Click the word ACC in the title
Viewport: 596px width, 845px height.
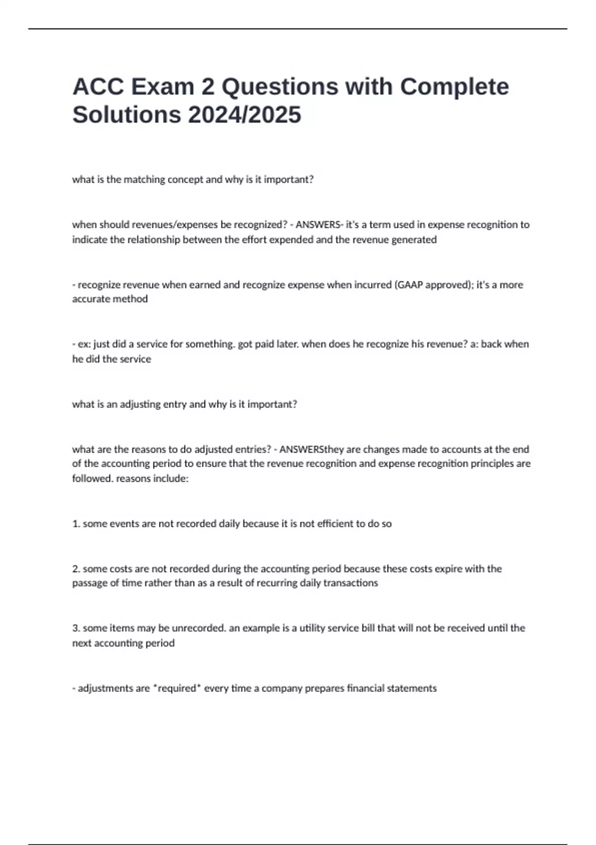[x=98, y=86]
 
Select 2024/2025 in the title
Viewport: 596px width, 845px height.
[x=244, y=115]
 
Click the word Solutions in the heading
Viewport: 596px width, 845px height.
[x=127, y=115]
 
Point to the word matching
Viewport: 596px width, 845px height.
[x=144, y=179]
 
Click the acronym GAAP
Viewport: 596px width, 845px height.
[x=408, y=285]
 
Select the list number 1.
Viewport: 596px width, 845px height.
[x=76, y=524]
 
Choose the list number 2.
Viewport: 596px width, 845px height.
[x=76, y=569]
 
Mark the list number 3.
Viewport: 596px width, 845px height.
[x=76, y=628]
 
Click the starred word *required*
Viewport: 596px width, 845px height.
[x=176, y=688]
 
